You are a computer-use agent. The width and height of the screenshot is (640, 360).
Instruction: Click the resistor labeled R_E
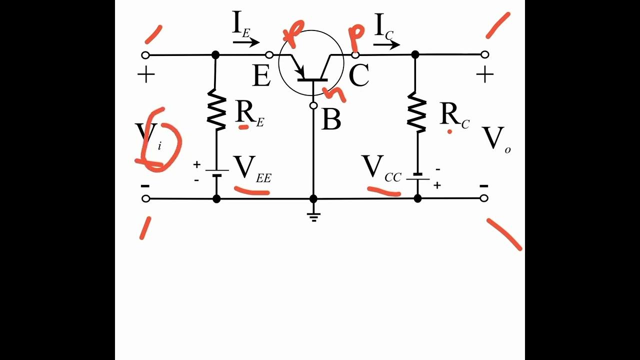(x=216, y=109)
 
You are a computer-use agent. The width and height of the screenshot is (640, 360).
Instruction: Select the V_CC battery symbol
(x=418, y=176)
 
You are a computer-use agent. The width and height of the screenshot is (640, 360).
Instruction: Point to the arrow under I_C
(x=386, y=44)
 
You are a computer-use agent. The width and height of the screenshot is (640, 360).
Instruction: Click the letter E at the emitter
(x=261, y=76)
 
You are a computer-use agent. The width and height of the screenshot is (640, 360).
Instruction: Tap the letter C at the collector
(x=358, y=76)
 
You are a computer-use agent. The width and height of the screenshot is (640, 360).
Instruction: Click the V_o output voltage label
(x=495, y=138)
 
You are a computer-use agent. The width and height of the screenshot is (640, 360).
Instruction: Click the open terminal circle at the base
(x=313, y=105)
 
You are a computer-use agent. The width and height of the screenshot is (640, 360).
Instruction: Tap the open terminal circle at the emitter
(x=269, y=54)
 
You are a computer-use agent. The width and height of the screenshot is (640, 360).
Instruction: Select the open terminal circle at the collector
(x=355, y=54)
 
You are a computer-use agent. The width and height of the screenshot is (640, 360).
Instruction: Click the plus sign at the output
(x=484, y=75)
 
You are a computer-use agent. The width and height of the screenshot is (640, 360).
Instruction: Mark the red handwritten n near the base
(x=333, y=93)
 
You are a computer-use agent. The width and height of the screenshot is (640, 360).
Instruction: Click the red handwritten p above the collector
(x=356, y=37)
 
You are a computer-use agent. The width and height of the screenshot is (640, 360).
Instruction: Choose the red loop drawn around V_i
(x=159, y=141)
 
